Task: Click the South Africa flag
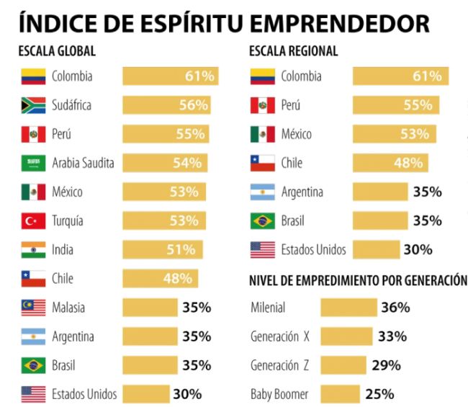pyautogui.click(x=33, y=105)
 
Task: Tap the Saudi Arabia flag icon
pyautogui.click(x=33, y=163)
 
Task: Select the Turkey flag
pyautogui.click(x=33, y=220)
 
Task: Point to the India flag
pyautogui.click(x=33, y=250)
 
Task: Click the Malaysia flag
pyautogui.click(x=33, y=308)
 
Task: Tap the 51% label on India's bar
pyautogui.click(x=181, y=250)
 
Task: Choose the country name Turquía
pyautogui.click(x=68, y=220)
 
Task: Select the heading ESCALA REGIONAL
pyautogui.click(x=293, y=52)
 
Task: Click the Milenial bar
pyautogui.click(x=348, y=308)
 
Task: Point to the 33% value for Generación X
pyautogui.click(x=392, y=336)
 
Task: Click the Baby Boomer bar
pyautogui.click(x=339, y=394)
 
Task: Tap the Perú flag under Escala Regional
pyautogui.click(x=262, y=105)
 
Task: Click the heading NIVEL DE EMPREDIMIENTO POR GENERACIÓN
pyautogui.click(x=358, y=279)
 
